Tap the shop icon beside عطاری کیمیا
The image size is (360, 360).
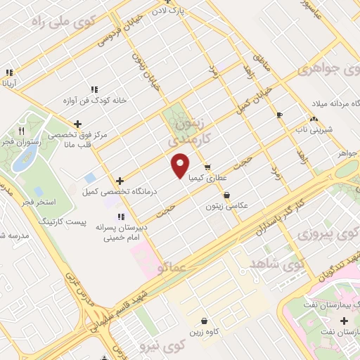click(207, 167)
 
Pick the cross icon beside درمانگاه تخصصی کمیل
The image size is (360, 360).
click(121, 181)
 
